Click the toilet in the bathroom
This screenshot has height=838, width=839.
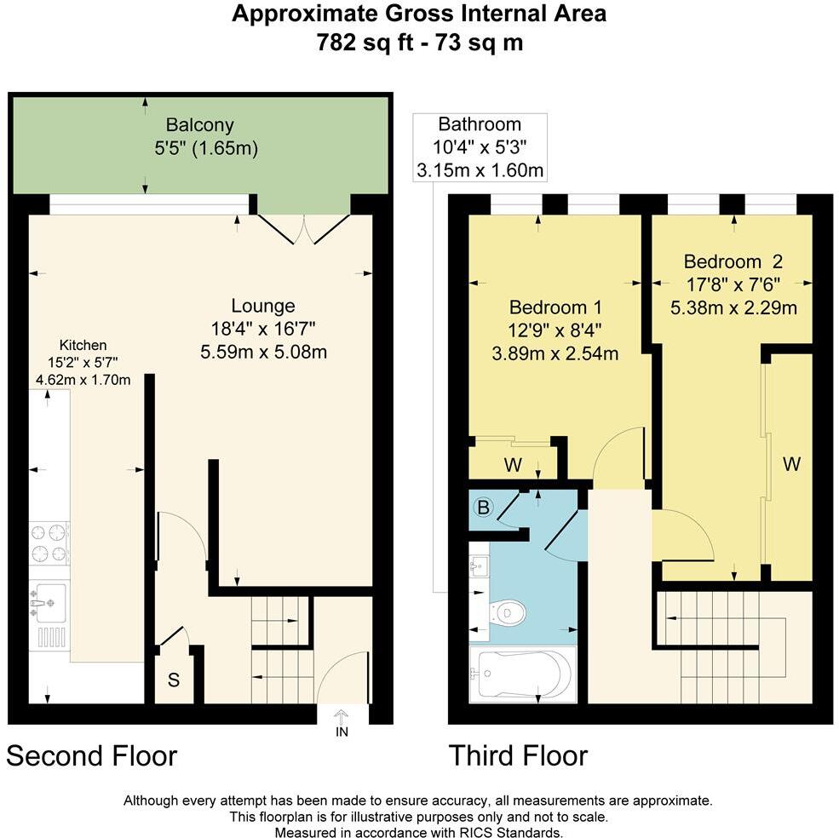508,611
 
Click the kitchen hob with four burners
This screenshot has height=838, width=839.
49,544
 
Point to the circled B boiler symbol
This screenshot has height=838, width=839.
483,508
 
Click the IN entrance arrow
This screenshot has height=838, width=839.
342,722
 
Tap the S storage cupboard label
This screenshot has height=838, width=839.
173,680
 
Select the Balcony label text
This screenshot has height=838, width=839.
200,125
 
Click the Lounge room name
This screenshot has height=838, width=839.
263,306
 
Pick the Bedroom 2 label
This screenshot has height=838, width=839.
733,261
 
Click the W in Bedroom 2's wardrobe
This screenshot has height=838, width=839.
791,464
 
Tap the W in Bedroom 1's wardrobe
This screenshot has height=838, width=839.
513,466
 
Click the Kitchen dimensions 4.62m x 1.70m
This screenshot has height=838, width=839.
83,380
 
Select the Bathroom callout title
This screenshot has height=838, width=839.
479,124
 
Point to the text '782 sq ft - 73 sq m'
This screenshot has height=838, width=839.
419,43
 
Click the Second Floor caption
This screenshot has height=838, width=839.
92,755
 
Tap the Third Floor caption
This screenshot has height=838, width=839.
518,755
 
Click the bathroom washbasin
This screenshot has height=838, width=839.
478,566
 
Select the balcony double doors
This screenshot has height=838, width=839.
304,228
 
